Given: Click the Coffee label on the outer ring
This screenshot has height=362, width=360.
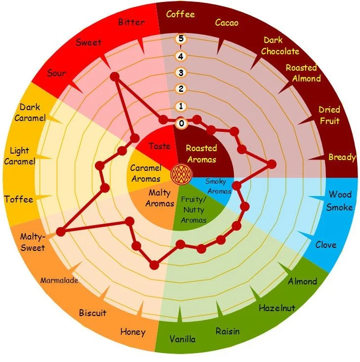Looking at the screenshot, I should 180,14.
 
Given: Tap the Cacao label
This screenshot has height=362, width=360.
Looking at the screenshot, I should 226,22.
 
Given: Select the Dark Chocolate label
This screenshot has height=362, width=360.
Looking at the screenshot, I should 280,45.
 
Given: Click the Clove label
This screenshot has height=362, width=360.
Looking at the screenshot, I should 325,244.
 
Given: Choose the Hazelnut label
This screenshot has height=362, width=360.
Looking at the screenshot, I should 277,308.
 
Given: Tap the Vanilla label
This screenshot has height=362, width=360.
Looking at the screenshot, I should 182,339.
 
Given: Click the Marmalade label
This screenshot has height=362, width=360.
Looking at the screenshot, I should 59,281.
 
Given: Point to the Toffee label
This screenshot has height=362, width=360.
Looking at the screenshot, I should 18,200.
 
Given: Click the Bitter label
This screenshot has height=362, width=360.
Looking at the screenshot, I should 132,22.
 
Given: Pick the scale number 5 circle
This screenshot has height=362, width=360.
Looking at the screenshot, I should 181,39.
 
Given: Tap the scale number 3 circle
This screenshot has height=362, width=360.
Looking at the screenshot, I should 181,73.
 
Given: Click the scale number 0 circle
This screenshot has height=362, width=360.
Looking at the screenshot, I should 181,123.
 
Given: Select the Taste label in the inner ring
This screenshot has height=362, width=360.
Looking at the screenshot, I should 159,146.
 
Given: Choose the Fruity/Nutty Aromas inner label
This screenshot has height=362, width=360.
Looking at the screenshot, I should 193,210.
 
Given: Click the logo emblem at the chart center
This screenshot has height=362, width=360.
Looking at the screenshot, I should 179,174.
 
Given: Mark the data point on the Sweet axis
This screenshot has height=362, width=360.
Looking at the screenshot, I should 115,77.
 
